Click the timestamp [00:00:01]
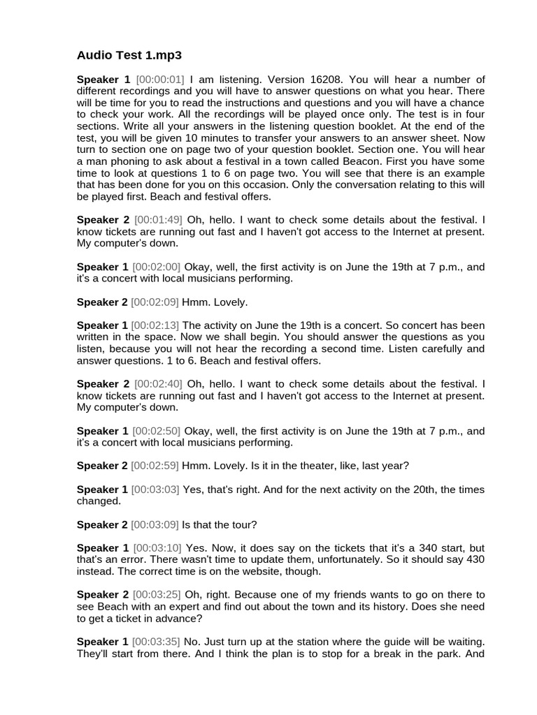click(159, 80)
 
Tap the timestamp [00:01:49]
click(159, 220)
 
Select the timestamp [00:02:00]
click(156, 267)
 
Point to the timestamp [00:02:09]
click(155, 302)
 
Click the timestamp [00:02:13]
click(155, 325)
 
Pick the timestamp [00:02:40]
click(159, 384)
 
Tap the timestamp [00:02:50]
click(156, 431)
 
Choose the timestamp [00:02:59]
click(155, 466)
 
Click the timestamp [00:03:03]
click(155, 489)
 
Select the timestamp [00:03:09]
click(155, 524)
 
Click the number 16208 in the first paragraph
click(321, 80)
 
